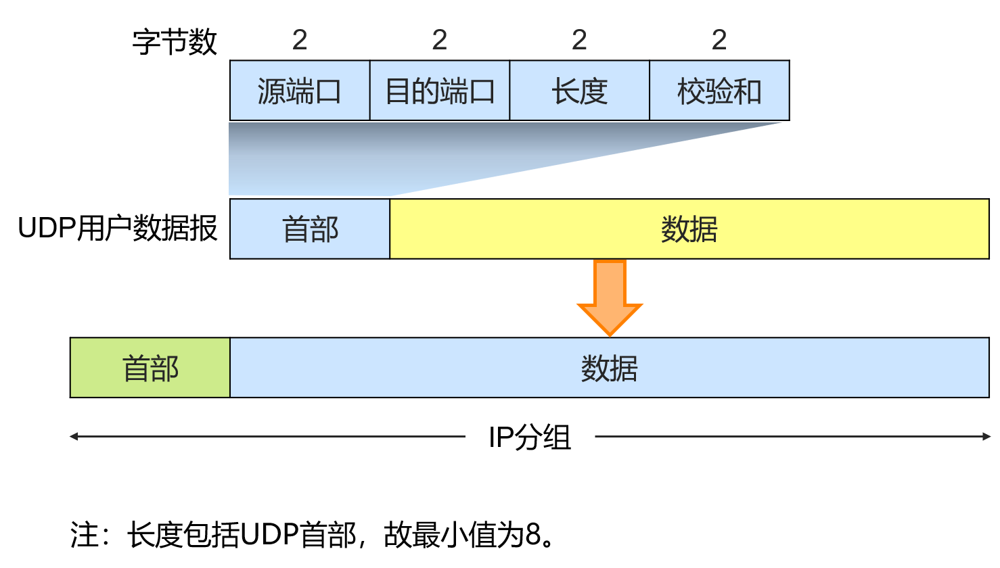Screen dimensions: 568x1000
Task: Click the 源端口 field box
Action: [300, 91]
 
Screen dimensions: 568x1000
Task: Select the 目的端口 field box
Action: [440, 91]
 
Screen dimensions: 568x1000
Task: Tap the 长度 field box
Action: [579, 91]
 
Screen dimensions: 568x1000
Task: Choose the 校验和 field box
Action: [719, 91]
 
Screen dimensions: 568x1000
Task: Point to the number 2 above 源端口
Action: [300, 41]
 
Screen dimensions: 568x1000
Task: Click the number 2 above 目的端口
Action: [440, 41]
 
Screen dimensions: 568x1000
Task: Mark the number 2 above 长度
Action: [579, 41]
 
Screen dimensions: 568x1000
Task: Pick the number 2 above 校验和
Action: [719, 41]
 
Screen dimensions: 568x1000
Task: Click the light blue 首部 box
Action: [310, 229]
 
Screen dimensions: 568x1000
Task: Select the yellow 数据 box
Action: [689, 229]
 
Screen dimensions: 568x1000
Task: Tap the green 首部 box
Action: [150, 368]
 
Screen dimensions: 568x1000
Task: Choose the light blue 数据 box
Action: [609, 368]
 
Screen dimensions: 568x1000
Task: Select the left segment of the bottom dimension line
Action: [271, 437]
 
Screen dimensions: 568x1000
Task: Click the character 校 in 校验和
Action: [691, 91]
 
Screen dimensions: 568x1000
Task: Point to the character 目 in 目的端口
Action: [398, 91]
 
